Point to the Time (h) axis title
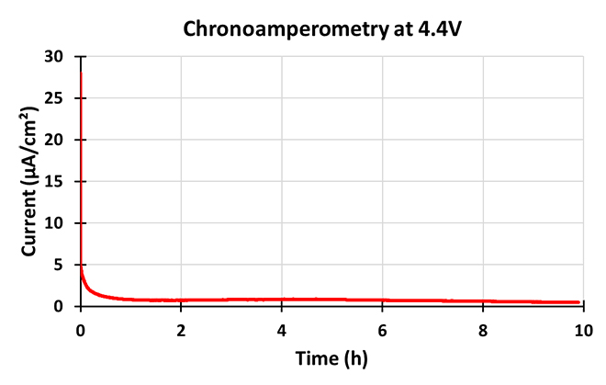pyautogui.click(x=331, y=357)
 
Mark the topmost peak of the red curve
pyautogui.click(x=81, y=72)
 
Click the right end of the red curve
pyautogui.click(x=578, y=302)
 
